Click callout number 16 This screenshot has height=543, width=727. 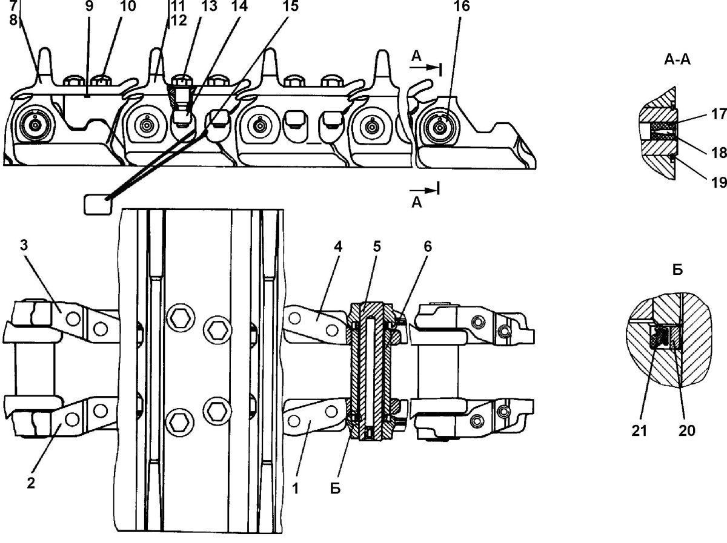click(462, 6)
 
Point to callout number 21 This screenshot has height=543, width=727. click(639, 430)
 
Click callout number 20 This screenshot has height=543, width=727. click(687, 430)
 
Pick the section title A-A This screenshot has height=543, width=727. click(678, 60)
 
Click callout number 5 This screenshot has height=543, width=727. click(377, 246)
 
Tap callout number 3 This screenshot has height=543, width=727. click(24, 245)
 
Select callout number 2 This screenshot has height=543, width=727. click(31, 484)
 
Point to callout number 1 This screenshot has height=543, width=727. click(296, 488)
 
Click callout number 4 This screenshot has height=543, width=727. click(338, 246)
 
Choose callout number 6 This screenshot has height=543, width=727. click(428, 246)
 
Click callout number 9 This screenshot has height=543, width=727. click(90, 6)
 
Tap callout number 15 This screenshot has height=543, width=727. click(290, 6)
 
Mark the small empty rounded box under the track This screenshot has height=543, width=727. click(98, 205)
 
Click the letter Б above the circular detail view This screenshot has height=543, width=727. click(678, 269)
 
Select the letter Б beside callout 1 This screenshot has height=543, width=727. click(336, 489)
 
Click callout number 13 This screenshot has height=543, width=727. click(209, 6)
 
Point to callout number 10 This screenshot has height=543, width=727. click(128, 6)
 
